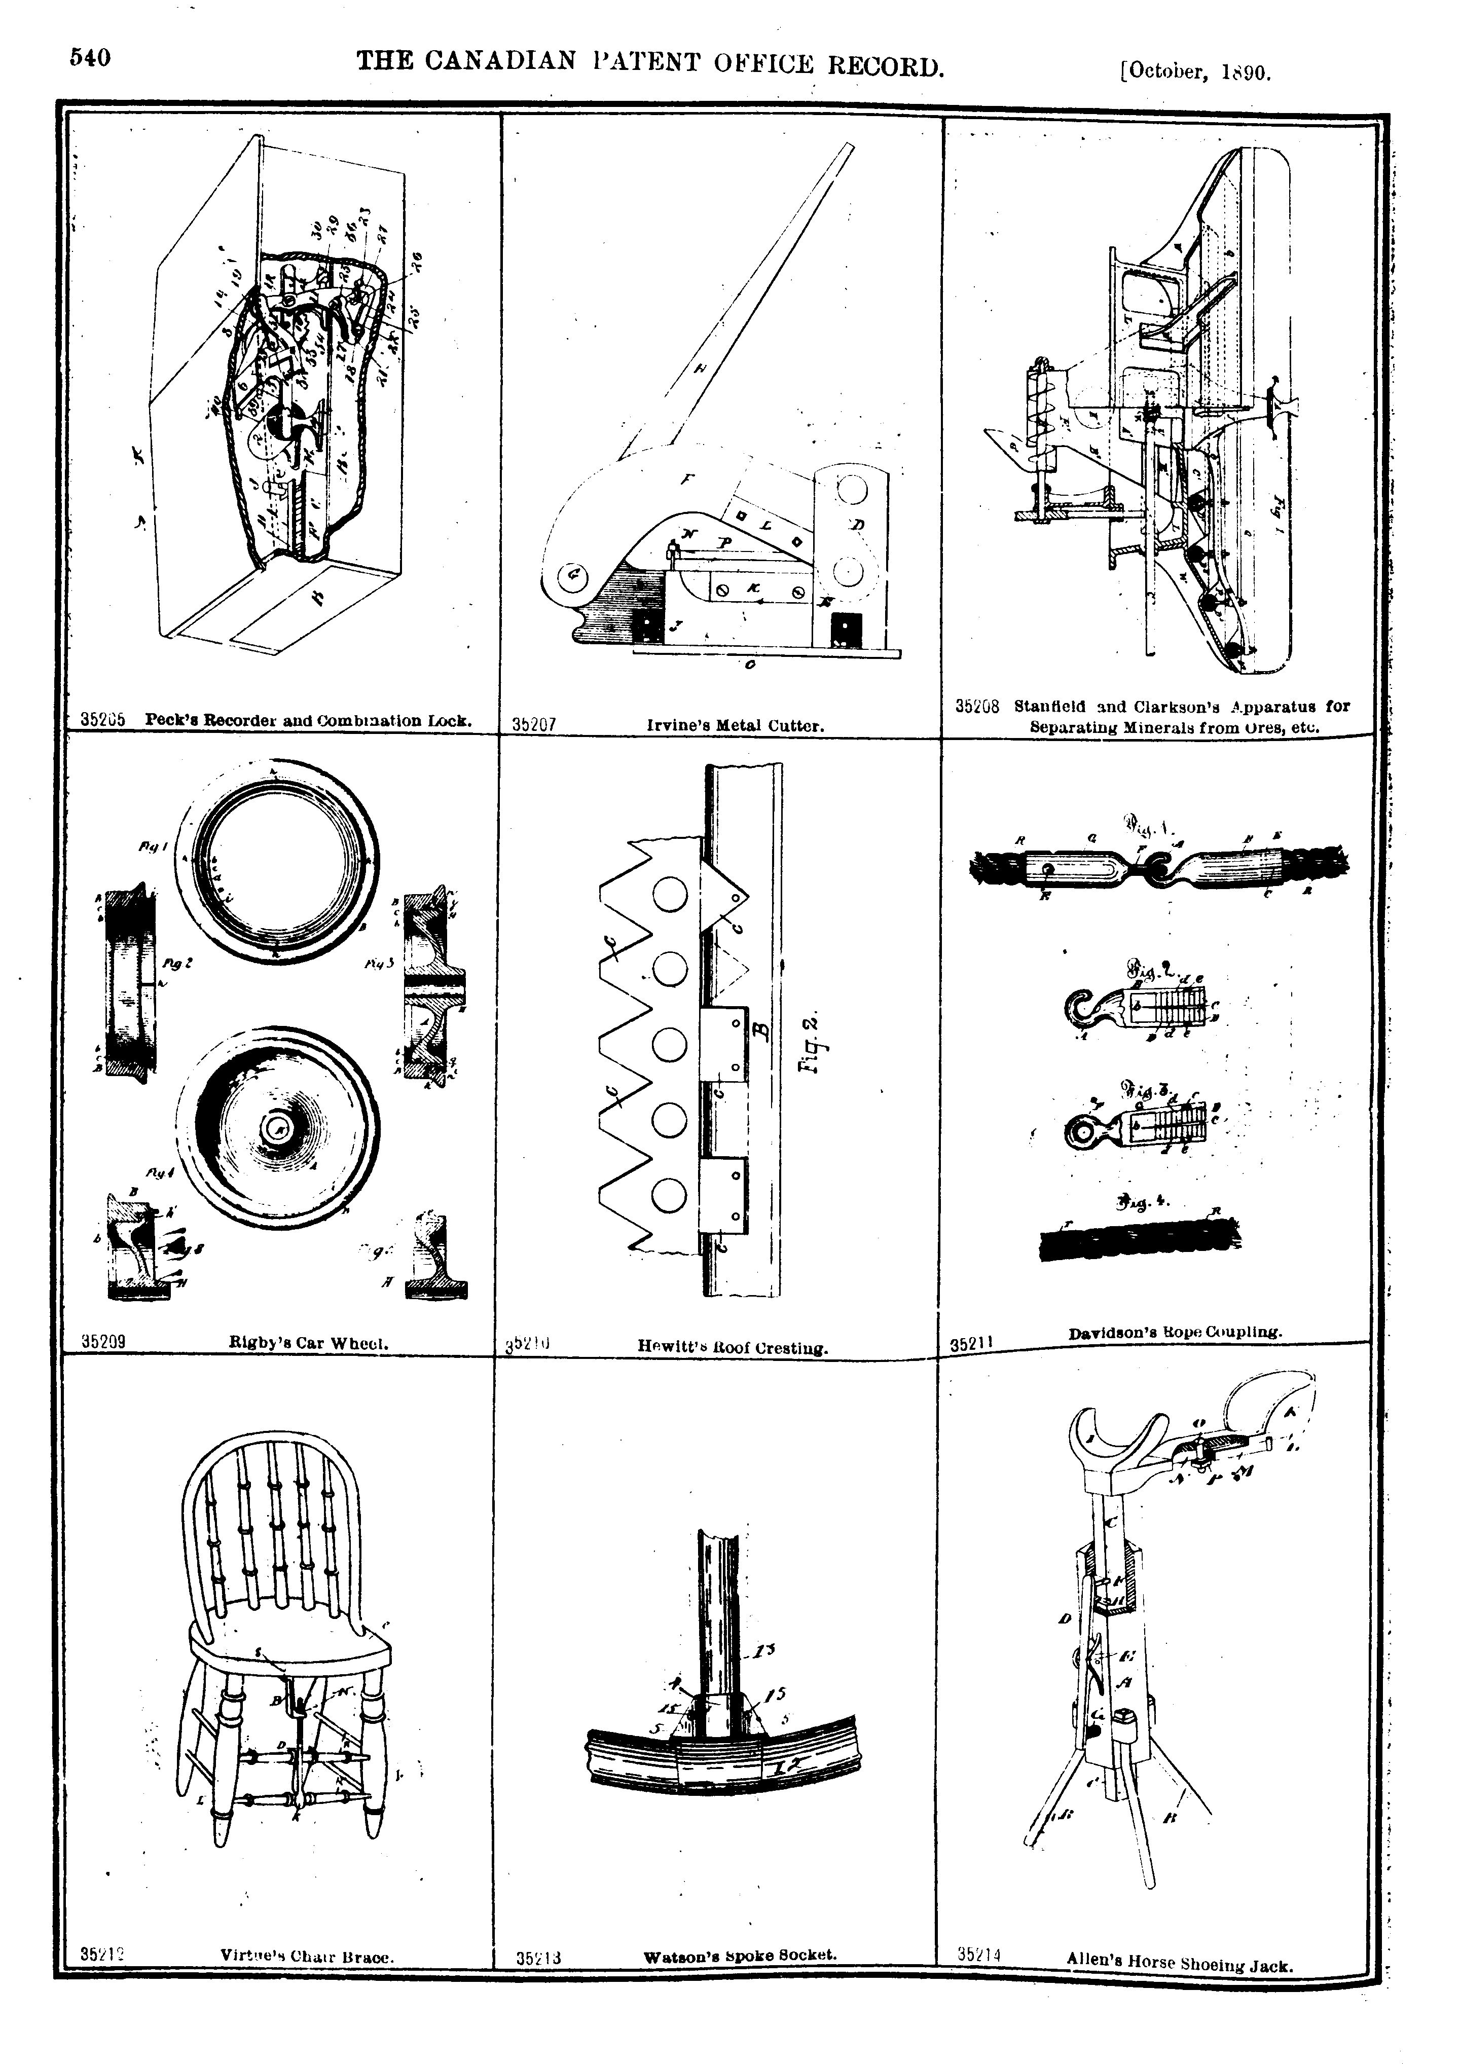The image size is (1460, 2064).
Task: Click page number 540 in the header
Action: [x=91, y=58]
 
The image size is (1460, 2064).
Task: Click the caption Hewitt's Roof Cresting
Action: [x=732, y=1347]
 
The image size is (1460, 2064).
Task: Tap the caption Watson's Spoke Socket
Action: [x=740, y=1955]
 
